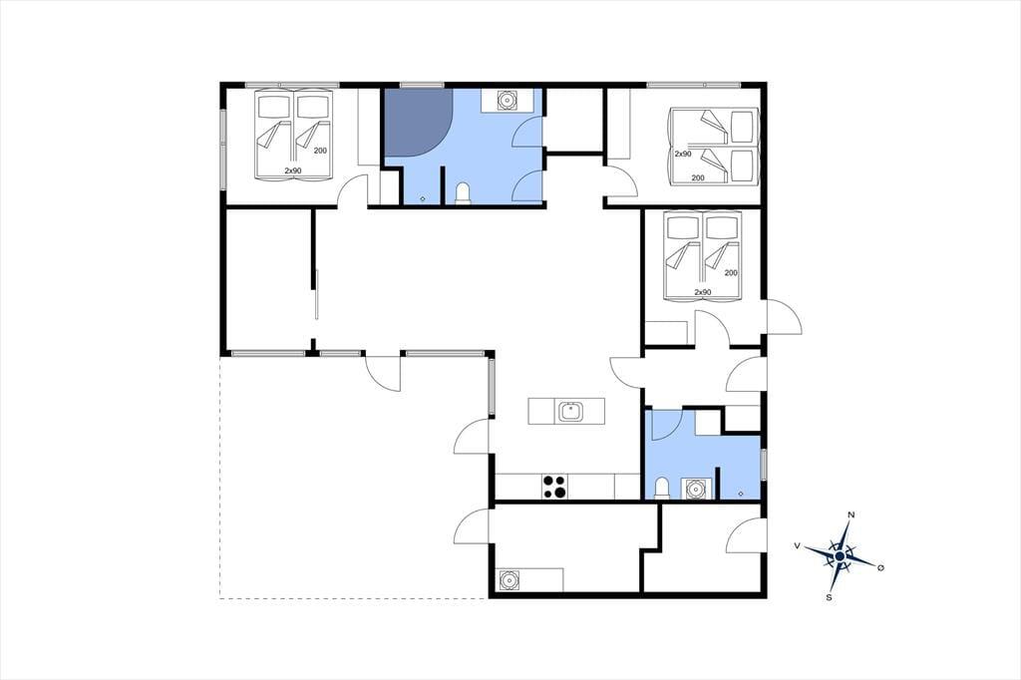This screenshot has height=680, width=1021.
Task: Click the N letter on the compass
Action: tap(851, 515)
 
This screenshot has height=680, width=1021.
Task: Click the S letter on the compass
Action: tap(829, 597)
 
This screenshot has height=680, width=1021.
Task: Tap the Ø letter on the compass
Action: tap(881, 568)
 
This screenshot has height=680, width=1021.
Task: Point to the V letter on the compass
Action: tap(797, 545)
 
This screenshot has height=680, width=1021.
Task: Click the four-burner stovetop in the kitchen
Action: tap(554, 487)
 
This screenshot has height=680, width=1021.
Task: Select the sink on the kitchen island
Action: tap(570, 411)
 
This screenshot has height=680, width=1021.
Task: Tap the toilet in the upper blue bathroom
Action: tap(463, 194)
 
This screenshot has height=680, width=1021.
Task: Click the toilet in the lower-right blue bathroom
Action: tap(662, 489)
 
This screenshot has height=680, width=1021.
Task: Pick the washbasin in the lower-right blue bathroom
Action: tap(696, 489)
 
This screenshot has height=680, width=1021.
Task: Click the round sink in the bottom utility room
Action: tap(509, 579)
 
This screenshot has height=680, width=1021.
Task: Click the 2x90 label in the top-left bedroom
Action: tap(293, 170)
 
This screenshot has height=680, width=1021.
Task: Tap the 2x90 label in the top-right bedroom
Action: tap(683, 154)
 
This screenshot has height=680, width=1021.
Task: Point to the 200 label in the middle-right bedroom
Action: tap(731, 273)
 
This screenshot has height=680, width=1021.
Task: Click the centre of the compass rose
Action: tap(840, 556)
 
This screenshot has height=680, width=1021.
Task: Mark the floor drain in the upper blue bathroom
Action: tap(423, 198)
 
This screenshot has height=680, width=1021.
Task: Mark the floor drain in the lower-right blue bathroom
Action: tap(741, 494)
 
